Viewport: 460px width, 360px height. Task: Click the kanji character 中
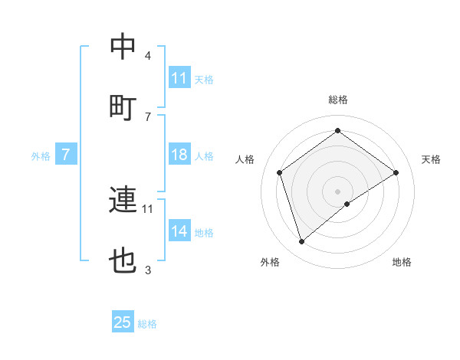pyautogui.click(x=123, y=47)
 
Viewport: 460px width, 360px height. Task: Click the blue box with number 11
pyautogui.click(x=179, y=78)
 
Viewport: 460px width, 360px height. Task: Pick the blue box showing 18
pyautogui.click(x=179, y=155)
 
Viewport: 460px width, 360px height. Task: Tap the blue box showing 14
pyautogui.click(x=179, y=231)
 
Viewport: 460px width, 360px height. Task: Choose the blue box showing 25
pyautogui.click(x=123, y=322)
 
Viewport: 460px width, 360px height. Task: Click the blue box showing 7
pyautogui.click(x=66, y=155)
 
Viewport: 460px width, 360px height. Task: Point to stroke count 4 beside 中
pyautogui.click(x=147, y=56)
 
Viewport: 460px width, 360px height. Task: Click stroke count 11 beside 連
pyautogui.click(x=148, y=208)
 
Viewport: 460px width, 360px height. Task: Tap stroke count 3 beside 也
pyautogui.click(x=147, y=270)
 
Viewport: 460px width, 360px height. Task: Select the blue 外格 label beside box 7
pyautogui.click(x=41, y=156)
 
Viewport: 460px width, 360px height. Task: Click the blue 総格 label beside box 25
pyautogui.click(x=147, y=324)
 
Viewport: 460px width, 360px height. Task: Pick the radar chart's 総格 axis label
pyautogui.click(x=337, y=100)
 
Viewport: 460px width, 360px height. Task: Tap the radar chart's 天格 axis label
pyautogui.click(x=431, y=159)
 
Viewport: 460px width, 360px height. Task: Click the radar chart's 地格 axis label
pyautogui.click(x=402, y=263)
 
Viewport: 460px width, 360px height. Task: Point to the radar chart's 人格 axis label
pyautogui.click(x=245, y=159)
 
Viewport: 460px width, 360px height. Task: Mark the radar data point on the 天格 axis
pyautogui.click(x=396, y=172)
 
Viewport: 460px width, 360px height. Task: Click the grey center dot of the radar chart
pyautogui.click(x=337, y=191)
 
